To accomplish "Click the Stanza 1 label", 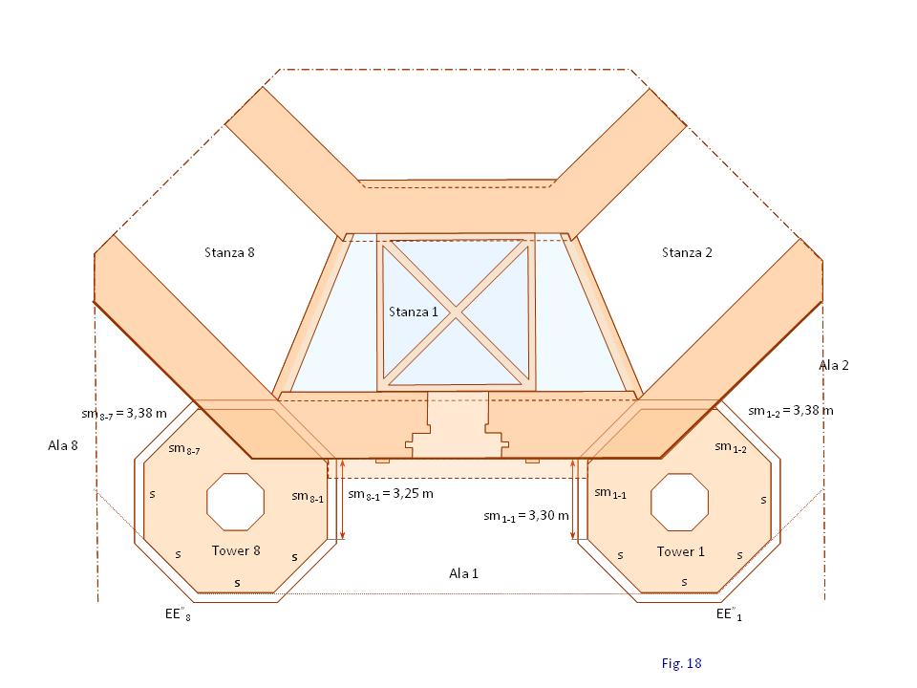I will pos(413,312).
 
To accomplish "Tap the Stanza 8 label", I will pos(229,253).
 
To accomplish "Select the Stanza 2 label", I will pos(687,253).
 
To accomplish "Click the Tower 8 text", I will pos(236,551).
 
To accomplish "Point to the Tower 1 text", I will pos(681,551).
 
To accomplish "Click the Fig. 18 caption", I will pos(681,662).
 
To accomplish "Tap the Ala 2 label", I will pos(834,365).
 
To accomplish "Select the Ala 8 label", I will pos(63,445).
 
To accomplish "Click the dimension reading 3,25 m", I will pos(391,494).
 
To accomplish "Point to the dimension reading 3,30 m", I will pos(526,516).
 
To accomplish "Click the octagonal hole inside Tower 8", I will pos(236,501).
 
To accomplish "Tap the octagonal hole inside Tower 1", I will pos(680,501).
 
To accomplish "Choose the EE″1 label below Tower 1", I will pos(731,614).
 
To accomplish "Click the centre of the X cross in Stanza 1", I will pos(456,314).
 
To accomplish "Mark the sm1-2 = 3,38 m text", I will pos(791,411).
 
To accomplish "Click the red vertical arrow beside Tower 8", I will pos(342,499).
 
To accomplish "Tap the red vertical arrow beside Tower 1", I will pos(573,499).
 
